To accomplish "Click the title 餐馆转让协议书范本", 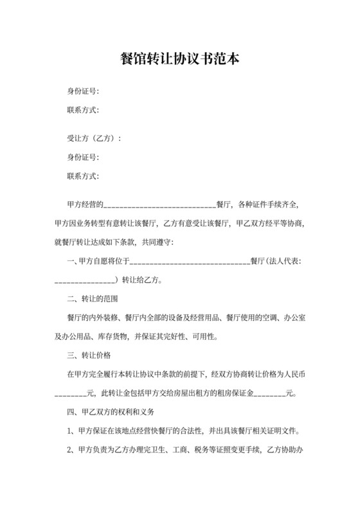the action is point(180,58).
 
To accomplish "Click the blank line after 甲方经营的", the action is point(159,206).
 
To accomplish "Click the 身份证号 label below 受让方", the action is point(83,157).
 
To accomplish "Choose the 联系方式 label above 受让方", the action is point(83,110).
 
